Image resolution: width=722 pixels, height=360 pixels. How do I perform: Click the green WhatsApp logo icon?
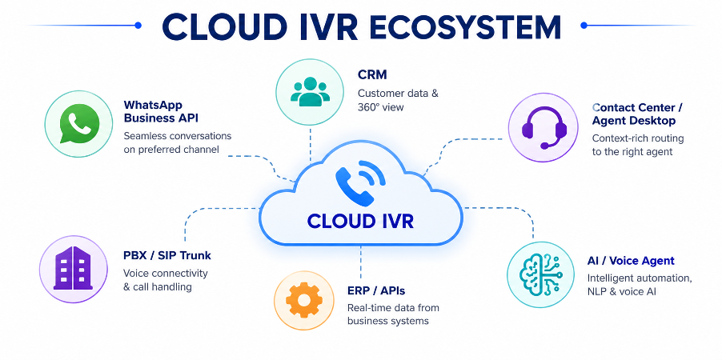(80, 123)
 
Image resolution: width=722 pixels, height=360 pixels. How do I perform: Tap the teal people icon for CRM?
(310, 92)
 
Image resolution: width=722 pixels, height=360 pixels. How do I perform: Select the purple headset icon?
(544, 128)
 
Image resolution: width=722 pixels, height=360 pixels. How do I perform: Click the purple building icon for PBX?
(73, 267)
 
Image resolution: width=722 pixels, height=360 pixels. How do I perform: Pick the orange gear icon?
(303, 300)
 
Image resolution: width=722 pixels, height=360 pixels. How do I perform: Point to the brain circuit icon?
(541, 274)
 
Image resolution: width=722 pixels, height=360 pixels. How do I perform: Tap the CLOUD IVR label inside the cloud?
(360, 221)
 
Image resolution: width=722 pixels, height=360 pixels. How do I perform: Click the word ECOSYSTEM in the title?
(466, 27)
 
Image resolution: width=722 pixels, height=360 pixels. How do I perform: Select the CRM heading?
(372, 74)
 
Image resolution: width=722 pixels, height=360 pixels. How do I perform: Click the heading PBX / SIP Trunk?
(167, 255)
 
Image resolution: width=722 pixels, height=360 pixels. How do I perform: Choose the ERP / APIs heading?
(376, 290)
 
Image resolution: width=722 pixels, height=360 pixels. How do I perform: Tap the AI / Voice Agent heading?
(631, 261)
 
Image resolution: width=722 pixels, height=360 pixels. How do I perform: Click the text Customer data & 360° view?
(399, 100)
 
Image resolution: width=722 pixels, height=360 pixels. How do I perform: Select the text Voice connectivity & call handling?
(166, 280)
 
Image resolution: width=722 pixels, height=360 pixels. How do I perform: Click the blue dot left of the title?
(138, 26)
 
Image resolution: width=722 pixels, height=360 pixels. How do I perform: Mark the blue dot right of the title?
(584, 26)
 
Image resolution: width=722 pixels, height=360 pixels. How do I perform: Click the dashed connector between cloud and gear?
(360, 262)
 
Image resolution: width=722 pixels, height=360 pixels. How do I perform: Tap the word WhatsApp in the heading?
(153, 105)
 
